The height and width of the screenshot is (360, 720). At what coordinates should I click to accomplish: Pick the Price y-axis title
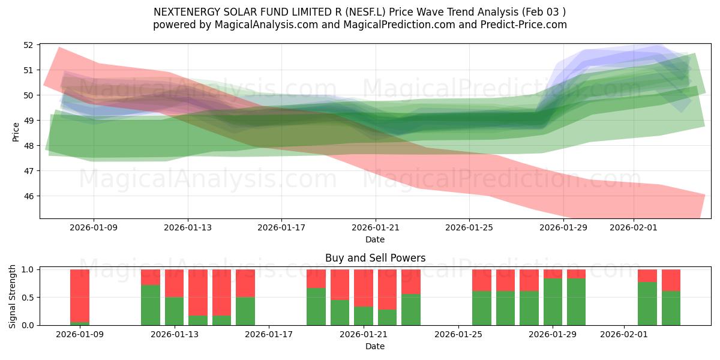pos(16,131)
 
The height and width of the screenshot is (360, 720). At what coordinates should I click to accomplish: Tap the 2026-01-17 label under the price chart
pos(281,228)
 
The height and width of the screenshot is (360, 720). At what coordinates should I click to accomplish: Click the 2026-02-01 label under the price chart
pos(634,228)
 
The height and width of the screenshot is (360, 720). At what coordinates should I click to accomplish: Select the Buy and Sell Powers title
pos(375,258)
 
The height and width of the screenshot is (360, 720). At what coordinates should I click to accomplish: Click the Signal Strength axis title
pos(13,297)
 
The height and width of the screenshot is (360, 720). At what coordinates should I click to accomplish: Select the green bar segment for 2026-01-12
pos(151,305)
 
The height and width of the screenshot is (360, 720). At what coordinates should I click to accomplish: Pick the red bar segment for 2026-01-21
pos(364,288)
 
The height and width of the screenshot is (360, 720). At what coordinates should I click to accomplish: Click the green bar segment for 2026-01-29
pos(553,302)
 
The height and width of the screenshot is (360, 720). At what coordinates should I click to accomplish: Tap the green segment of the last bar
pos(671,308)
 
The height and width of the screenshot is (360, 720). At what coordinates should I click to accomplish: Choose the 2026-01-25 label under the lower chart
pos(458,335)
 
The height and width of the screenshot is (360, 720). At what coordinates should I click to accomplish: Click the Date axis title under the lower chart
pos(375,346)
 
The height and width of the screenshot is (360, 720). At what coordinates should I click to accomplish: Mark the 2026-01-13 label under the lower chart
pos(175,335)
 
